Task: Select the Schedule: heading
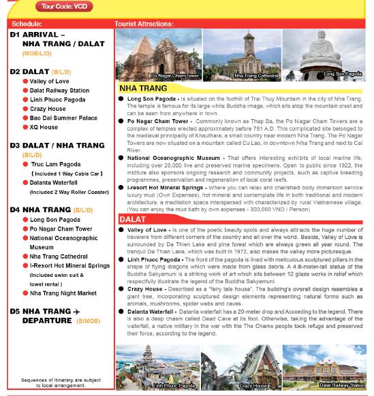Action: [27, 24]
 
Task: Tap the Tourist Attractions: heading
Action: [144, 24]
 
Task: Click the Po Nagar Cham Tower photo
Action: [158, 54]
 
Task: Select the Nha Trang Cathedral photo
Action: [242, 54]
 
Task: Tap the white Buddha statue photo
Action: [324, 54]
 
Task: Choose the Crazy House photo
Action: [241, 367]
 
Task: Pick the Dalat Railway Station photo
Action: [324, 367]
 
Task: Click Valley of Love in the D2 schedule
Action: [49, 82]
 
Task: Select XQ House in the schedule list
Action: [44, 127]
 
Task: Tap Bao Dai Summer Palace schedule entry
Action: [63, 118]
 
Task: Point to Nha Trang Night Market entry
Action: [63, 293]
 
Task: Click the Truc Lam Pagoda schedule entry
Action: [55, 165]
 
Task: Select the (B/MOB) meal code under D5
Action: [89, 320]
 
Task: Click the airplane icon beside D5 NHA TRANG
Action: [77, 312]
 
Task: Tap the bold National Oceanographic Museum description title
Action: [174, 158]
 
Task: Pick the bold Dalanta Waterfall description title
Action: [151, 312]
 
